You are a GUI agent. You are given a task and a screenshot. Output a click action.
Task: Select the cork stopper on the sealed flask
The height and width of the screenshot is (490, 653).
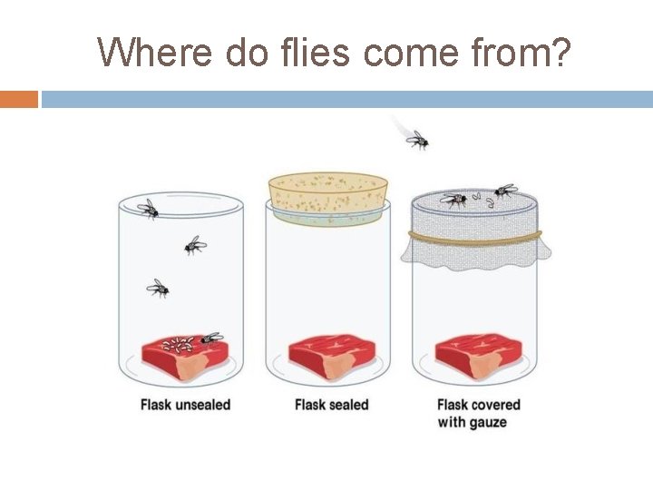click(327, 193)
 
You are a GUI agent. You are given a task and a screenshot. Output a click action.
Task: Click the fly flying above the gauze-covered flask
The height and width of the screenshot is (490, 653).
click(416, 139)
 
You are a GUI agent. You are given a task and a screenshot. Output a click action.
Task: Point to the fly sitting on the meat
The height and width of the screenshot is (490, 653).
click(211, 338)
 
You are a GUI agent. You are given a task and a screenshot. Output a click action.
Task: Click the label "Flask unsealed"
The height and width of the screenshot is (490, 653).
click(185, 405)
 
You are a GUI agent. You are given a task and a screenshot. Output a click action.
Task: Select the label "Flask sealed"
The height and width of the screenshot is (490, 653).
click(331, 405)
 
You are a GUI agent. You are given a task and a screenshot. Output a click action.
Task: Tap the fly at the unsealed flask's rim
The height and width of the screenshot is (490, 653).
click(148, 209)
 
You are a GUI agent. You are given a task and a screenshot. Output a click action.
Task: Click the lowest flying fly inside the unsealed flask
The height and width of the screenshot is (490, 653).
click(158, 289)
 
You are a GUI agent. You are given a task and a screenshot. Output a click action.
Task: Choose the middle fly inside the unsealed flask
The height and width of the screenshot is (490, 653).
click(194, 245)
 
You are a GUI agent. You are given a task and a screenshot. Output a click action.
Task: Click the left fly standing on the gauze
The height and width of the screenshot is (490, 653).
click(454, 199)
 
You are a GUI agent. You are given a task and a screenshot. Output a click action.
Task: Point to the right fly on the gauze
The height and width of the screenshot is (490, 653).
click(503, 191)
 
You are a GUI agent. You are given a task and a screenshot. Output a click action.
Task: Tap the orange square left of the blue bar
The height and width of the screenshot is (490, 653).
click(19, 99)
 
